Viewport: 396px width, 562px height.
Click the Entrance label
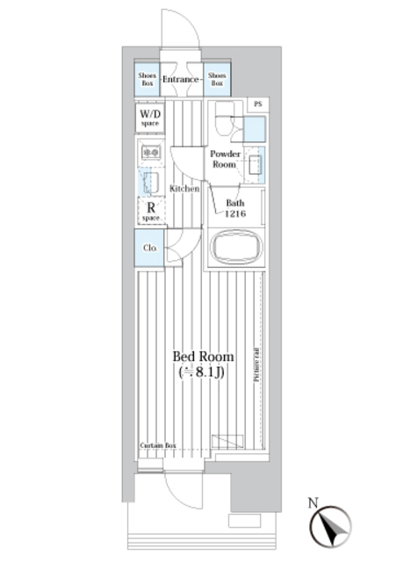pos(182,80)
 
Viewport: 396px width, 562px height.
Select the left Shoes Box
pos(147,80)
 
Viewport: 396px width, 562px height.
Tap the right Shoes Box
pos(217,80)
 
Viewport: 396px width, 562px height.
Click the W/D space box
pos(148,118)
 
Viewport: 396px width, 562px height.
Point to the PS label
pos(257,104)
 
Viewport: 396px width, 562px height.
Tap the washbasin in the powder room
pos(255,164)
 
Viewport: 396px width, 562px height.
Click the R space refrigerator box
pos(148,211)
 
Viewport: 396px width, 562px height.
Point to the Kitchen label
pos(184,189)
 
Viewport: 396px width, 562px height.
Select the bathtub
pos(234,248)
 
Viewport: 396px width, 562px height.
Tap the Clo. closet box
pos(148,248)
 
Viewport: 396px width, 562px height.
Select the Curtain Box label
pos(158,445)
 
